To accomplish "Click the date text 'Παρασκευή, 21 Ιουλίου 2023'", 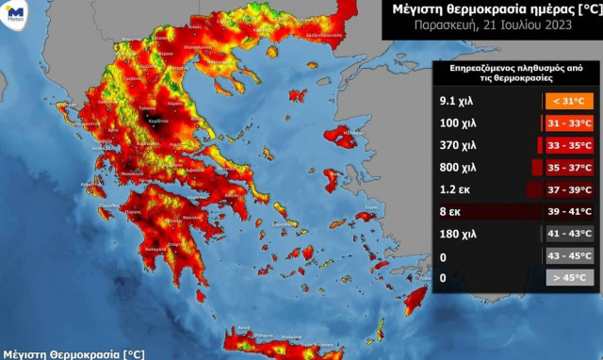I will [491, 26].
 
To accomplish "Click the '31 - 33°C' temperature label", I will [568, 123].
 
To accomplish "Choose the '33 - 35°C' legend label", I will [568, 146].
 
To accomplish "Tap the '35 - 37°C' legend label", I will [568, 168].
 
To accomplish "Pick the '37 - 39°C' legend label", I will [568, 189].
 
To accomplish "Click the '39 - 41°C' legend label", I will [568, 212].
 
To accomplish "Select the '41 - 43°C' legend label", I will [568, 234].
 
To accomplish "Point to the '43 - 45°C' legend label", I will [568, 255].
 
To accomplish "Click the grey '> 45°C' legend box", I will [568, 278].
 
